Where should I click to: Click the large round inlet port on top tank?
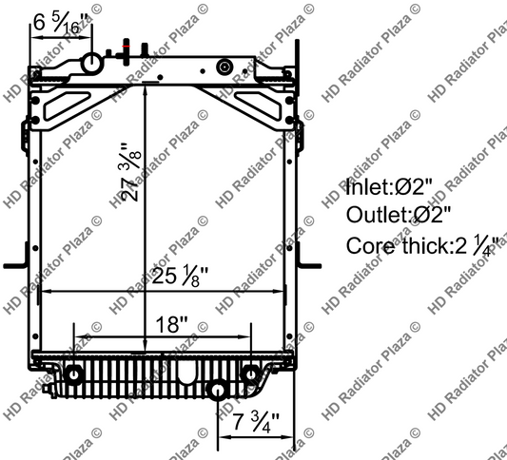click(91, 64)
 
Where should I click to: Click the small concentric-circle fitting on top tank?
click(224, 67)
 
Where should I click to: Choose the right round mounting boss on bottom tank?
click(250, 373)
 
